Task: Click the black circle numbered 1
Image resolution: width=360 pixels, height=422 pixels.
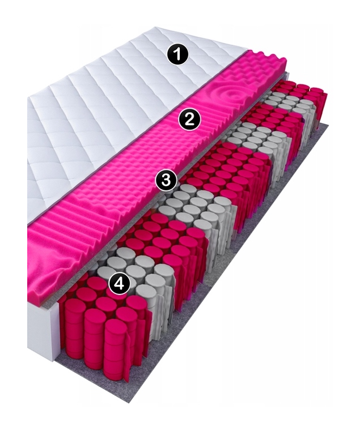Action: (x=177, y=54)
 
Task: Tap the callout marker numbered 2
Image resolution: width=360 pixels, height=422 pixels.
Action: (x=190, y=119)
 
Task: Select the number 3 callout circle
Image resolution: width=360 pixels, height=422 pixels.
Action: (x=166, y=180)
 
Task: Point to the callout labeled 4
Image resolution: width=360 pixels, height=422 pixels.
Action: (x=120, y=283)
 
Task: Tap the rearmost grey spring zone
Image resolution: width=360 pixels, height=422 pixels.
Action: (x=286, y=108)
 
